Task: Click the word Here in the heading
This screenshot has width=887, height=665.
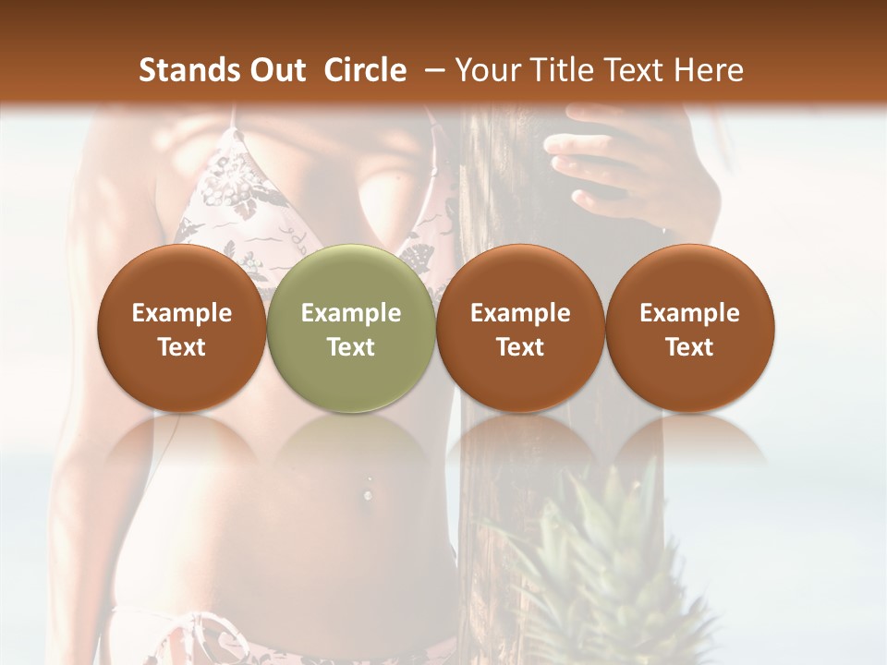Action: coord(710,70)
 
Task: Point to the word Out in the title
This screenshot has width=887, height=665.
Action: coord(277,70)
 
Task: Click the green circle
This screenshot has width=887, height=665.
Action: coord(351,329)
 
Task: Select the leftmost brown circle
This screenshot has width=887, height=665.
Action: coord(182,329)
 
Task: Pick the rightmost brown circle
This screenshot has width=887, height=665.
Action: coord(689,329)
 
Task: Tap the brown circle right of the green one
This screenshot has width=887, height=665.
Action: coord(520,329)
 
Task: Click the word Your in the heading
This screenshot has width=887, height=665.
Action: coord(488,70)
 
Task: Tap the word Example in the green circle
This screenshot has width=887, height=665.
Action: coord(351,313)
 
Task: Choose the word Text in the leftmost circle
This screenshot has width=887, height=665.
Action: coord(182,347)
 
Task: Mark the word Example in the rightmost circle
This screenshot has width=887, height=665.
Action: coord(689,313)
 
